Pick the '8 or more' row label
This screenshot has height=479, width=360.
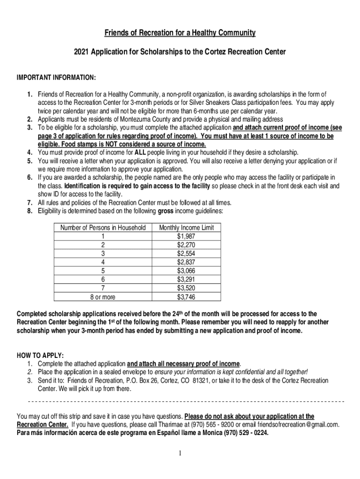[x=103, y=297]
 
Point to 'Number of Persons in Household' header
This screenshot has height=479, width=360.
[x=103, y=228]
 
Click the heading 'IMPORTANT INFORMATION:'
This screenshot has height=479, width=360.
[x=57, y=77]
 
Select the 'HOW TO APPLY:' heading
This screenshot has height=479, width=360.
[x=40, y=355]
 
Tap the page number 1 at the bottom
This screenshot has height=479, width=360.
[x=180, y=453]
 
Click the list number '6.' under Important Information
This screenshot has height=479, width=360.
[x=29, y=177]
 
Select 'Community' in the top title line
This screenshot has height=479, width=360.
[x=229, y=33]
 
